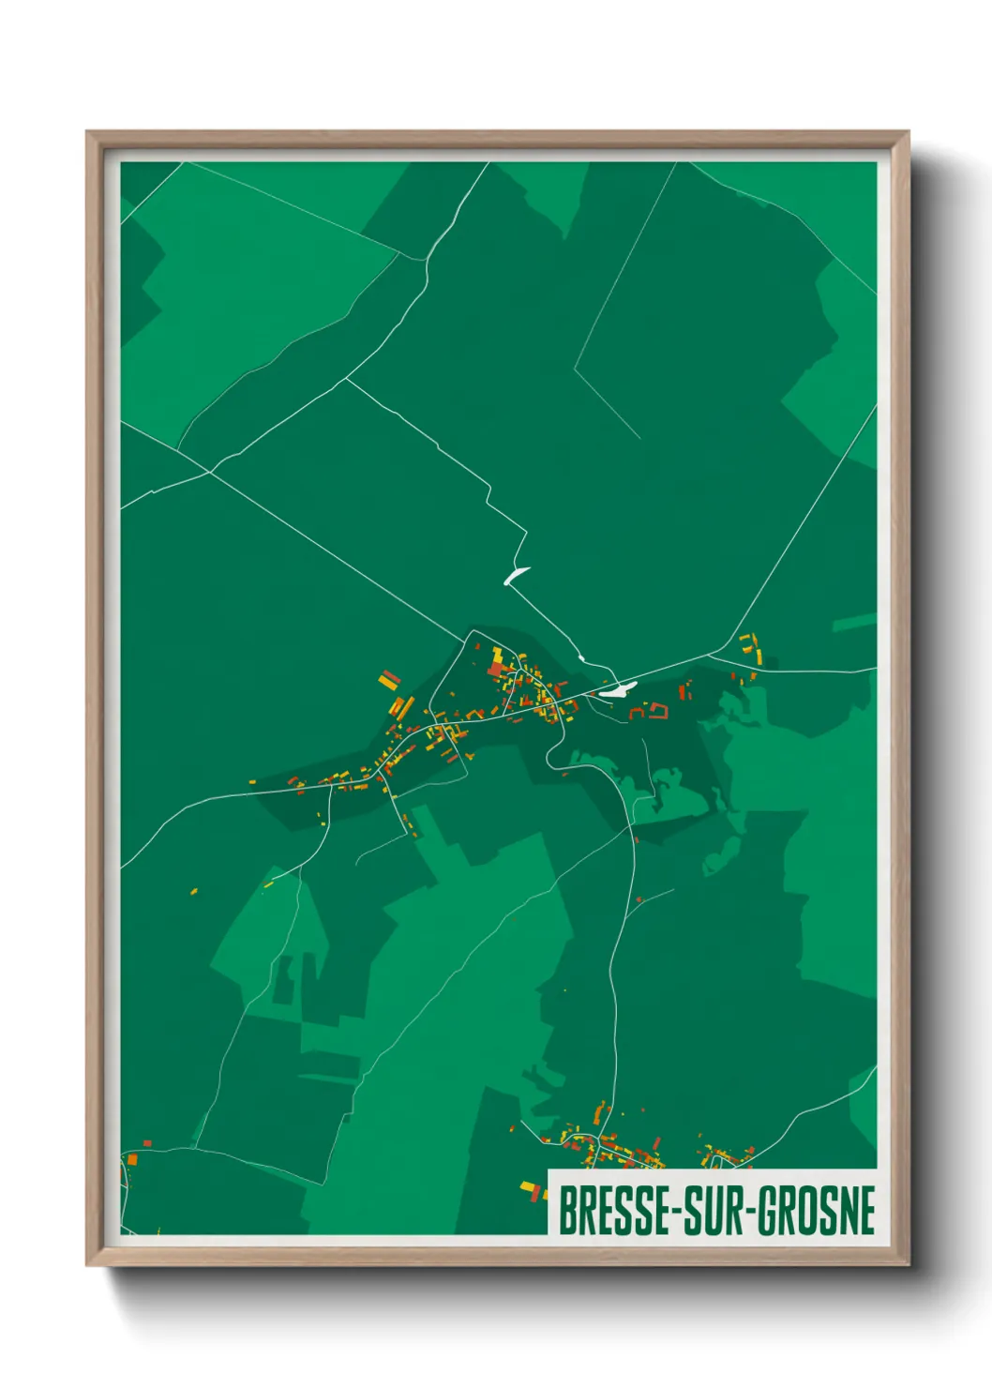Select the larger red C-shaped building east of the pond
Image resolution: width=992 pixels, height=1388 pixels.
tap(658, 711)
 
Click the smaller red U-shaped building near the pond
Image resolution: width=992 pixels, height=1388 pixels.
tap(636, 714)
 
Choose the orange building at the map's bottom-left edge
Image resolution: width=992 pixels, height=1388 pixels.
tap(132, 1160)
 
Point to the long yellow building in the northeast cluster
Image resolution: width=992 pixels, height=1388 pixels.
tap(756, 649)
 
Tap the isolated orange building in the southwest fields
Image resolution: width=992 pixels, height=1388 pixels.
tap(194, 891)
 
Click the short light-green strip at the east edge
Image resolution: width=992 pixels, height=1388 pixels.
tap(853, 622)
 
